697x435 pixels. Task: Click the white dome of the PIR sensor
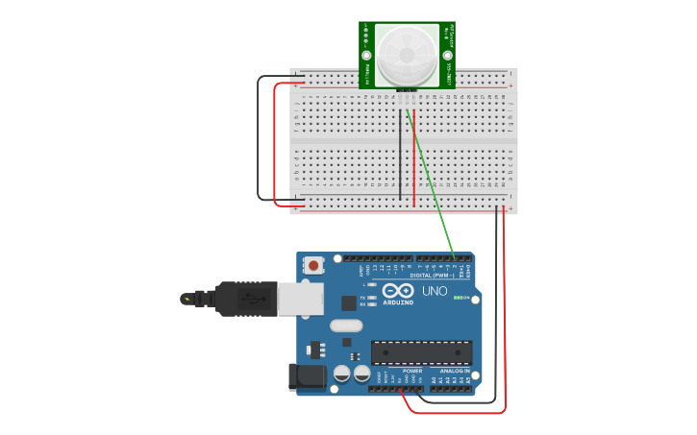click(x=406, y=55)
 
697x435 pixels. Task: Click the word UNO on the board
click(x=435, y=291)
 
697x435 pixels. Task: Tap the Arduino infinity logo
click(x=398, y=290)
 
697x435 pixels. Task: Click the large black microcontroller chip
click(x=421, y=352)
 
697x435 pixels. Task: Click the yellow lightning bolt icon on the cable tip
click(x=186, y=299)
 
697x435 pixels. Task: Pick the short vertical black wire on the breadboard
click(x=400, y=154)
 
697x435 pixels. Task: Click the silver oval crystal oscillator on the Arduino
click(x=347, y=326)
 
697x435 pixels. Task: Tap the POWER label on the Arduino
click(x=411, y=371)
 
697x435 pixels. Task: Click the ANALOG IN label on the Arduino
click(x=455, y=371)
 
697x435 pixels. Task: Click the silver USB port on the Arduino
click(x=301, y=300)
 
